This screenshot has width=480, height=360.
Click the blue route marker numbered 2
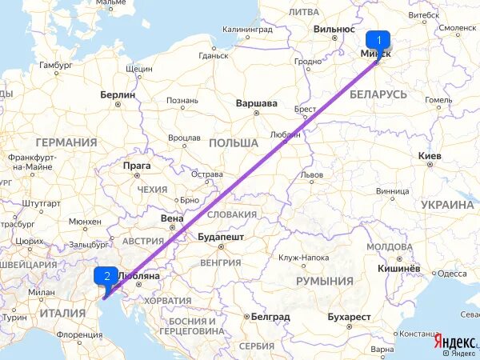[106, 276]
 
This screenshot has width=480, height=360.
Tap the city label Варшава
[256, 103]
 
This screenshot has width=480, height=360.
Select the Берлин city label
[118, 94]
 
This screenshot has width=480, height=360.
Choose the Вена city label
[172, 218]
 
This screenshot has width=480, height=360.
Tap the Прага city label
[137, 166]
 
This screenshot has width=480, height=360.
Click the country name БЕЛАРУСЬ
[378, 94]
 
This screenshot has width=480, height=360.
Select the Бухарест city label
[351, 317]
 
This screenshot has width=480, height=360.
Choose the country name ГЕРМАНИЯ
[66, 142]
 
